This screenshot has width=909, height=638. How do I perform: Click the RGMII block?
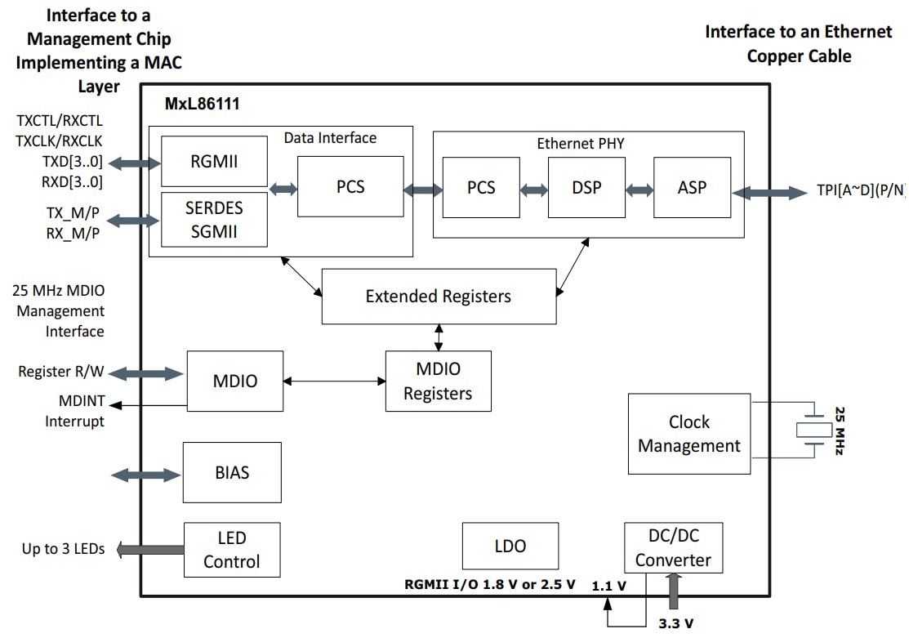click(214, 162)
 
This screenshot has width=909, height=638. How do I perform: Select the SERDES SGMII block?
click(214, 220)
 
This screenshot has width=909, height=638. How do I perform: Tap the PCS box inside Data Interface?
click(350, 187)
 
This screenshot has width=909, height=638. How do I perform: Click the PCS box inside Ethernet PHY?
click(481, 188)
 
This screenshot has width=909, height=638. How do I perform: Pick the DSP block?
click(586, 188)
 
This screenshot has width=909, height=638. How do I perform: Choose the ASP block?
click(692, 188)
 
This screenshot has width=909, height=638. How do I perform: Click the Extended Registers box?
click(439, 296)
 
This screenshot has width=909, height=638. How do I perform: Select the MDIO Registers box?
click(438, 381)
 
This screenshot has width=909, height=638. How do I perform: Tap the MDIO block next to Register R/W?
click(235, 381)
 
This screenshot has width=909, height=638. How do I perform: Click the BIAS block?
click(232, 472)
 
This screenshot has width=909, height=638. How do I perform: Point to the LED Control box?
click(232, 550)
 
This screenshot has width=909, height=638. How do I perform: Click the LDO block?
click(510, 546)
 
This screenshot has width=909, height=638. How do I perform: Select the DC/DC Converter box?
click(673, 547)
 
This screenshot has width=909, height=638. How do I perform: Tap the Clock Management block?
click(688, 434)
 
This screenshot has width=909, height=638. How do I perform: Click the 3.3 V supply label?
click(676, 624)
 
